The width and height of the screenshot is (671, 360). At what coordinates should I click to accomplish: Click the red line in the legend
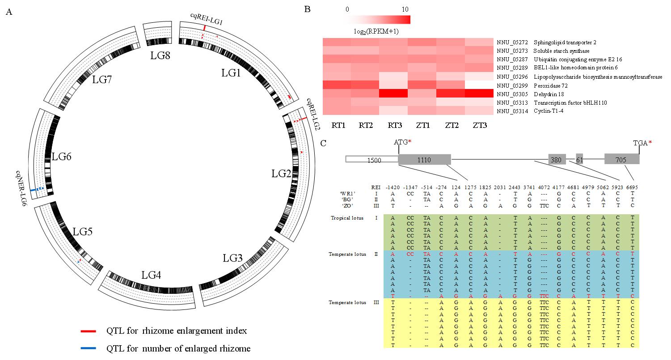click(x=88, y=331)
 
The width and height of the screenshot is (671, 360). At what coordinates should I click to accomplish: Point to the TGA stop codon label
click(x=640, y=143)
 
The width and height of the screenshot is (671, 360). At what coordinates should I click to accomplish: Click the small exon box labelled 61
click(x=579, y=160)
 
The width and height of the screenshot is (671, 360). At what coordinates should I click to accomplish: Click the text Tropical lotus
click(x=347, y=218)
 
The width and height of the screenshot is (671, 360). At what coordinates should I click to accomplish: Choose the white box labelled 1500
click(x=371, y=160)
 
